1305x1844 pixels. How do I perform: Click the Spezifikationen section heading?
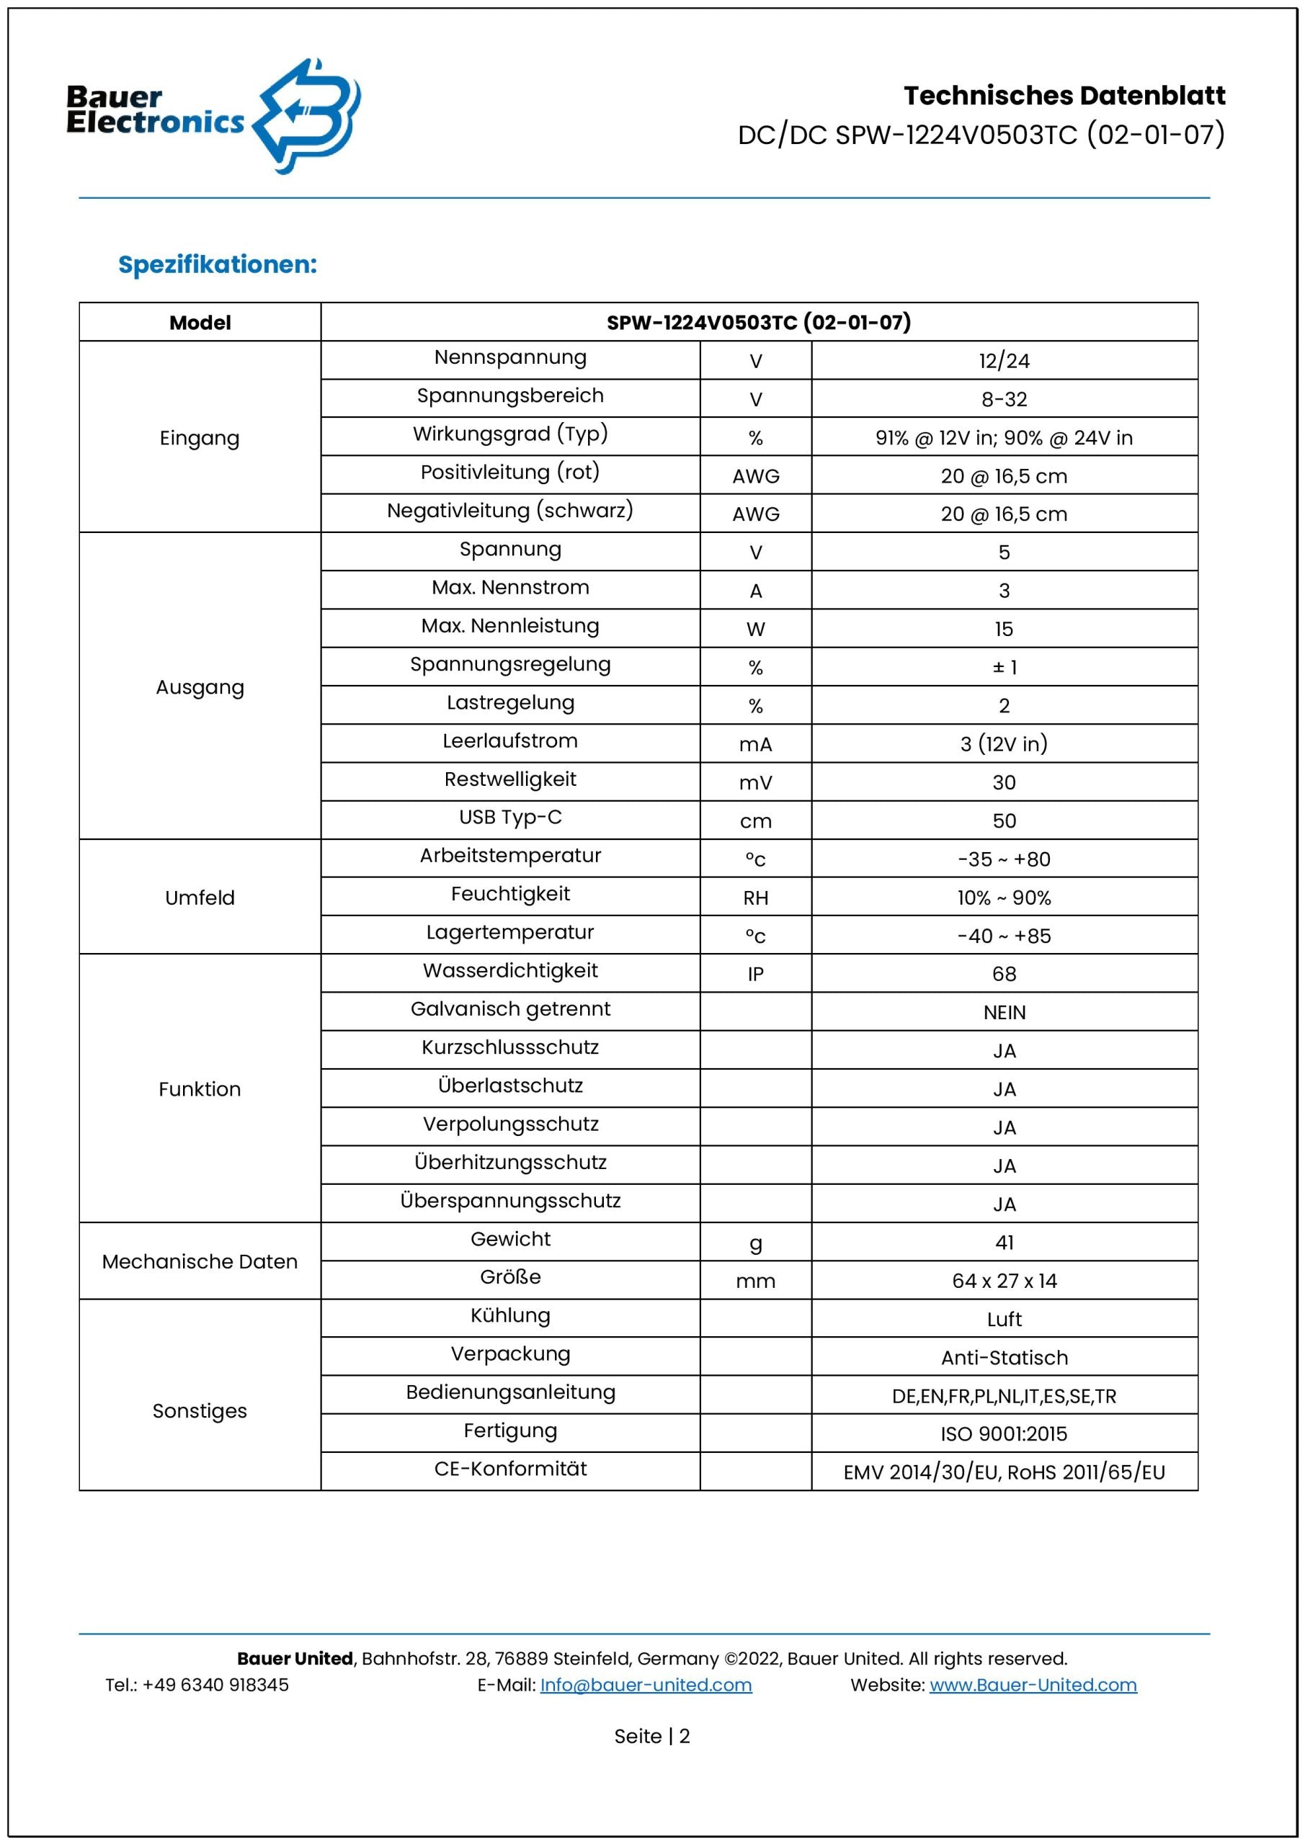[217, 264]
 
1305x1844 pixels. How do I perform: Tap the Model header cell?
[200, 323]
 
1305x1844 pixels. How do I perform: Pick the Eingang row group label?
[200, 438]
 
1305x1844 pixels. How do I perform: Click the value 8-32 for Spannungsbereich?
[1004, 399]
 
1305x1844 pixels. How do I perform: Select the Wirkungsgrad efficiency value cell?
[1004, 438]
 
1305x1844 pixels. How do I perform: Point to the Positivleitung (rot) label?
[510, 473]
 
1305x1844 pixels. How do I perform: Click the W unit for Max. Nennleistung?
[755, 629]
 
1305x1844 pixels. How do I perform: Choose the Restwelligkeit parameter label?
[510, 779]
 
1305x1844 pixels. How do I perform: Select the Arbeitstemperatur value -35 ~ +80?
[1004, 859]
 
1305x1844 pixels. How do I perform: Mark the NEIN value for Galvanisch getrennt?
[1004, 1013]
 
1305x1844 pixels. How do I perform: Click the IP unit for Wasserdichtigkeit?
[755, 974]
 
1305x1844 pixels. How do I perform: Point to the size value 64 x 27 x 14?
[1004, 1281]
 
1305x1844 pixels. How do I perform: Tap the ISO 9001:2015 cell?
[1004, 1433]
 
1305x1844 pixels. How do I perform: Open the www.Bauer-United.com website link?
[1033, 1685]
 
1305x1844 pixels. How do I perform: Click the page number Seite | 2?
[651, 1737]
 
